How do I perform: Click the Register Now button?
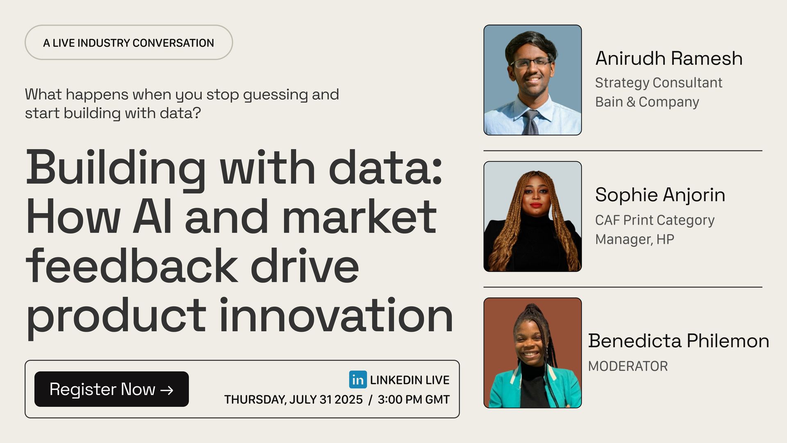(111, 389)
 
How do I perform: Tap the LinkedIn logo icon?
(358, 379)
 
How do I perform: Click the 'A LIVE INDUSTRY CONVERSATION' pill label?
(129, 43)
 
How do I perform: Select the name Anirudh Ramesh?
(669, 58)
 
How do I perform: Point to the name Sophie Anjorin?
(660, 195)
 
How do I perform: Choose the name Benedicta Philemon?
(679, 341)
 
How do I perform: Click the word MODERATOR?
(628, 366)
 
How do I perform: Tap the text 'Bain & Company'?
(647, 102)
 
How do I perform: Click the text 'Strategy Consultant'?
(659, 83)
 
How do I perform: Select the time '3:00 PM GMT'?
(414, 400)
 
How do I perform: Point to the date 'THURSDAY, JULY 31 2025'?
(293, 400)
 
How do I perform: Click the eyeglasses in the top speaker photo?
(531, 63)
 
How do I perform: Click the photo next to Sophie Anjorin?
(532, 217)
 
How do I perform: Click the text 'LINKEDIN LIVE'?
(409, 380)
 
